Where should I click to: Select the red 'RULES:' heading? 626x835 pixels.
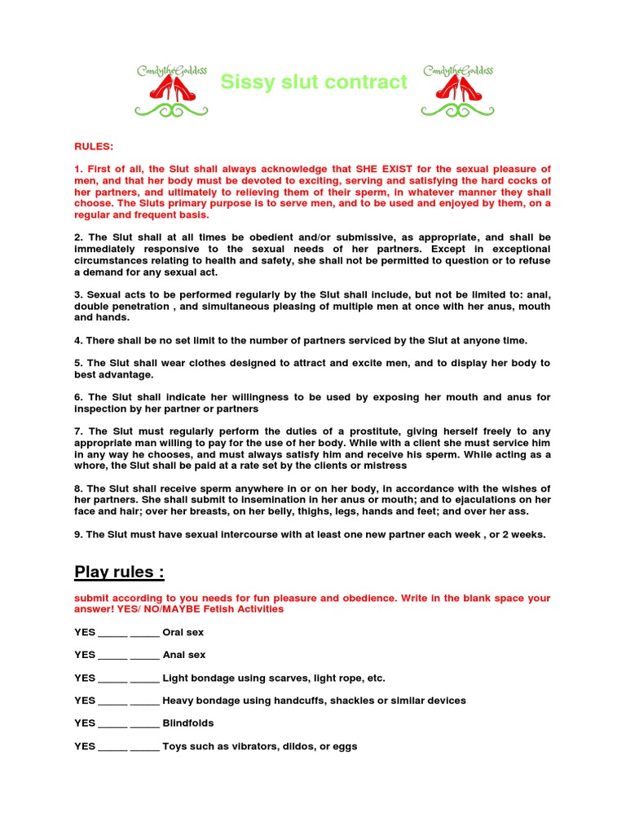94,147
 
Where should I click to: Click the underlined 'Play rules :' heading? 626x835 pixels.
119,572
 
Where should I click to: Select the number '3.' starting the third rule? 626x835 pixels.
79,294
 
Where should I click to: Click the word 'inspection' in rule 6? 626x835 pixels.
99,409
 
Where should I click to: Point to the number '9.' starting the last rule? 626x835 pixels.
79,534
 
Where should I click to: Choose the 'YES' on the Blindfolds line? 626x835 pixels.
85,723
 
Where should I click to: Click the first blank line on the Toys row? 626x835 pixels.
112,748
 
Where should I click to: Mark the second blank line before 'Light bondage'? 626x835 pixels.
144,679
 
